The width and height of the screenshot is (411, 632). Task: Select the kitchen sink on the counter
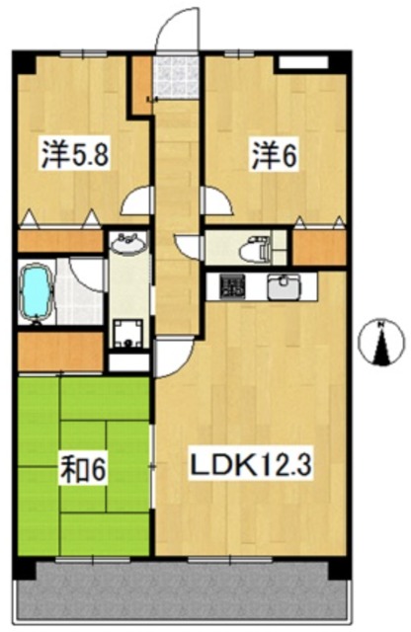[x=284, y=286]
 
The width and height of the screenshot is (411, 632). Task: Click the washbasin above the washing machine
[x=128, y=244]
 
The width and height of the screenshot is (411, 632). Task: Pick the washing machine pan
[x=128, y=334]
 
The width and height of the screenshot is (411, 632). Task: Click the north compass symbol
[x=381, y=341]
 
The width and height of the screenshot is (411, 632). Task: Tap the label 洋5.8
[x=75, y=154]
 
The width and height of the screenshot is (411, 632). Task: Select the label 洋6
[x=275, y=154]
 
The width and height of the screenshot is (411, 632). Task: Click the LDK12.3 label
[x=251, y=465]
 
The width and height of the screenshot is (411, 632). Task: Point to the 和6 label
[x=84, y=469]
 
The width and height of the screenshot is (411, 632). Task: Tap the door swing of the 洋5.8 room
[x=136, y=199]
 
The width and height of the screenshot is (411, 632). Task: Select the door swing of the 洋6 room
[x=217, y=199]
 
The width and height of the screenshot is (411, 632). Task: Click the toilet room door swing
[x=187, y=247]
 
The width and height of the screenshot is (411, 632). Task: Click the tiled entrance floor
[x=177, y=77]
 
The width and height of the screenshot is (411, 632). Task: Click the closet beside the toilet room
[x=319, y=248]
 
